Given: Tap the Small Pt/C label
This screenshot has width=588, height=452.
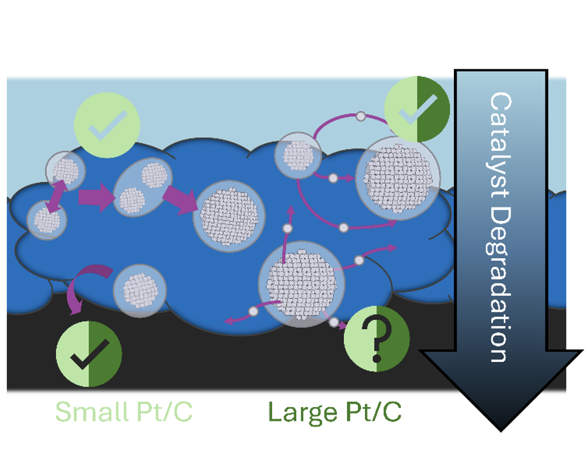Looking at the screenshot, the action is (124, 412).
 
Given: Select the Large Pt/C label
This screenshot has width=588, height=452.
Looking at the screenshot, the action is (335, 413).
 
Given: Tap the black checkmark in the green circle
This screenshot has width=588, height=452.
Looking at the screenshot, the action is (90, 354).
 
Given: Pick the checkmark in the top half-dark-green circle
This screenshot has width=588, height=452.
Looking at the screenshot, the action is (418, 109).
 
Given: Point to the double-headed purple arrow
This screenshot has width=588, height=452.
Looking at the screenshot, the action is (55, 197).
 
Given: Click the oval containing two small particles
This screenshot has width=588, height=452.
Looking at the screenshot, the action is (143, 187).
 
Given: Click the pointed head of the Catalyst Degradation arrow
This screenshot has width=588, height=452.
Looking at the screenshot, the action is (501, 430).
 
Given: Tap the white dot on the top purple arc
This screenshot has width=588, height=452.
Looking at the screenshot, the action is (361, 116).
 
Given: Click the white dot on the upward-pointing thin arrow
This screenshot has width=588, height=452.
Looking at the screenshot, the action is (287, 229).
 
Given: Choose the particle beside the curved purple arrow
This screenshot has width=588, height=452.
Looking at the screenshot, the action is (140, 291).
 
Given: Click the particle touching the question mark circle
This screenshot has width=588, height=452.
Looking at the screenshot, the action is (301, 284).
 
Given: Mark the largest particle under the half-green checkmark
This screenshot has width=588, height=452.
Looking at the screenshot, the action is (398, 178).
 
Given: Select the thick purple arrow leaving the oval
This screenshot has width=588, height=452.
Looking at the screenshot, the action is (181, 200).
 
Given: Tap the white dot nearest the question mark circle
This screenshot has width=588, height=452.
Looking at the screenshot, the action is (334, 322).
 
